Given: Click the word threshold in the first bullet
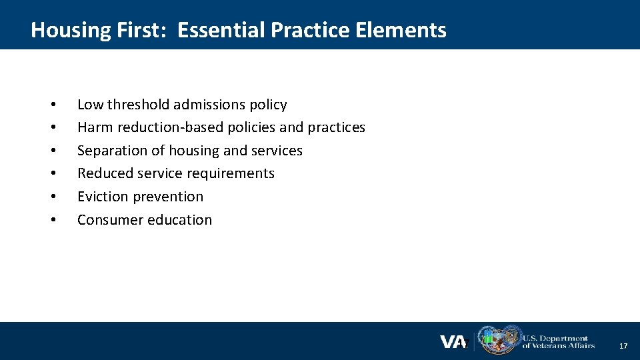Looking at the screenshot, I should pyautogui.click(x=138, y=105).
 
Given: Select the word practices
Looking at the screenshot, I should pyautogui.click(x=336, y=127).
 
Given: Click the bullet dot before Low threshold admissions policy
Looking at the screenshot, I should pyautogui.click(x=52, y=105).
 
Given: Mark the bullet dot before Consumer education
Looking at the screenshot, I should pyautogui.click(x=52, y=221).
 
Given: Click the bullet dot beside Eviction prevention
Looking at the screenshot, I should pyautogui.click(x=52, y=197).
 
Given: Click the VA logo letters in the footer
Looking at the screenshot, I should pyautogui.click(x=453, y=342).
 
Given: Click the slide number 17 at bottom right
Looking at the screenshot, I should pyautogui.click(x=623, y=347).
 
